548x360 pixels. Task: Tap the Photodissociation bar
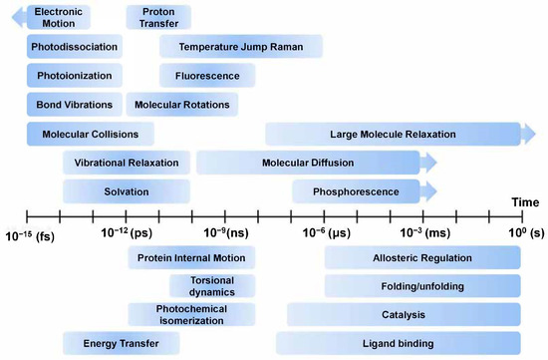coord(76,47)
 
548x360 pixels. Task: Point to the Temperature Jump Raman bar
coord(241,47)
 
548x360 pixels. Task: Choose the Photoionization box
coord(76,76)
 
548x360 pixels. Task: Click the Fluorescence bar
coord(206,76)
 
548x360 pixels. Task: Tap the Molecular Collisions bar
coord(90,134)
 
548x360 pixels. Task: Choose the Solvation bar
coord(127,191)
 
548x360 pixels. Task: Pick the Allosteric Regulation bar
coord(422,258)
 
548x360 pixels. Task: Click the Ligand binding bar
coord(422,344)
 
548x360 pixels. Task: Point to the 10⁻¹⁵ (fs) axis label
coord(30,234)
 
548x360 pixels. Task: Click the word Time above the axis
coord(525,203)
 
